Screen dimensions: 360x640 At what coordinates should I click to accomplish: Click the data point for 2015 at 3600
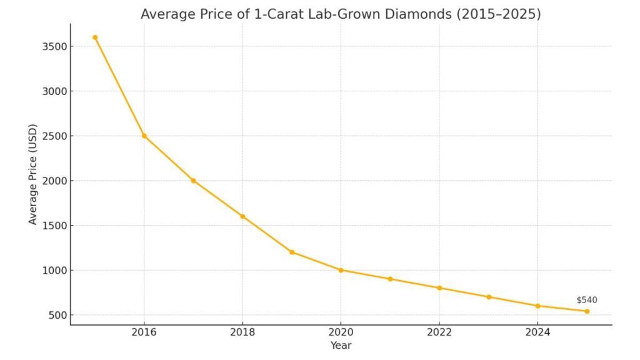pyautogui.click(x=95, y=37)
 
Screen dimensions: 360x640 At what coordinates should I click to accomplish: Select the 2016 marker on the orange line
pyautogui.click(x=144, y=136)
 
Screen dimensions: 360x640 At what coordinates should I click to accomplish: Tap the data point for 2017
pyautogui.click(x=193, y=181)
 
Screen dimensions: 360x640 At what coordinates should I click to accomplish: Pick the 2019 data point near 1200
pyautogui.click(x=292, y=252)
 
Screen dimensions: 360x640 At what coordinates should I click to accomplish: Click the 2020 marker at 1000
pyautogui.click(x=341, y=270)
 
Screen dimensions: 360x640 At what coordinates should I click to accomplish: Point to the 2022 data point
pyautogui.click(x=439, y=288)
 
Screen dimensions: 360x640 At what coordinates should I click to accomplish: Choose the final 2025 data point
pyautogui.click(x=587, y=311)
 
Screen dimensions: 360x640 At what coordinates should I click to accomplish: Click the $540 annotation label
pyautogui.click(x=586, y=300)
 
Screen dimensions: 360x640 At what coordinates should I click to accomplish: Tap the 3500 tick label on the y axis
pyautogui.click(x=52, y=46)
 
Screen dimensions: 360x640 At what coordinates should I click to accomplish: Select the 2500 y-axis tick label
pyautogui.click(x=52, y=136)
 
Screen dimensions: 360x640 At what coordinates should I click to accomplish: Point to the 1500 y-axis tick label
pyautogui.click(x=52, y=226)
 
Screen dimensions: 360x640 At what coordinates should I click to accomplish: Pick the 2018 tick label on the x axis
pyautogui.click(x=242, y=332)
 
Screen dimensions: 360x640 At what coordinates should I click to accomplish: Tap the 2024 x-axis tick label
pyautogui.click(x=537, y=332)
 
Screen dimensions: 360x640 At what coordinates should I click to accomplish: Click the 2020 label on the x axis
pyautogui.click(x=341, y=332)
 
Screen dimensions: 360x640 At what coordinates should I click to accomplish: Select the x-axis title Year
pyautogui.click(x=341, y=346)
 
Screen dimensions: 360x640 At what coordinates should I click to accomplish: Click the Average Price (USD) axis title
pyautogui.click(x=33, y=174)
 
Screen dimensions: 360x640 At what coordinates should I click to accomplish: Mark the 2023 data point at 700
pyautogui.click(x=489, y=297)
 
